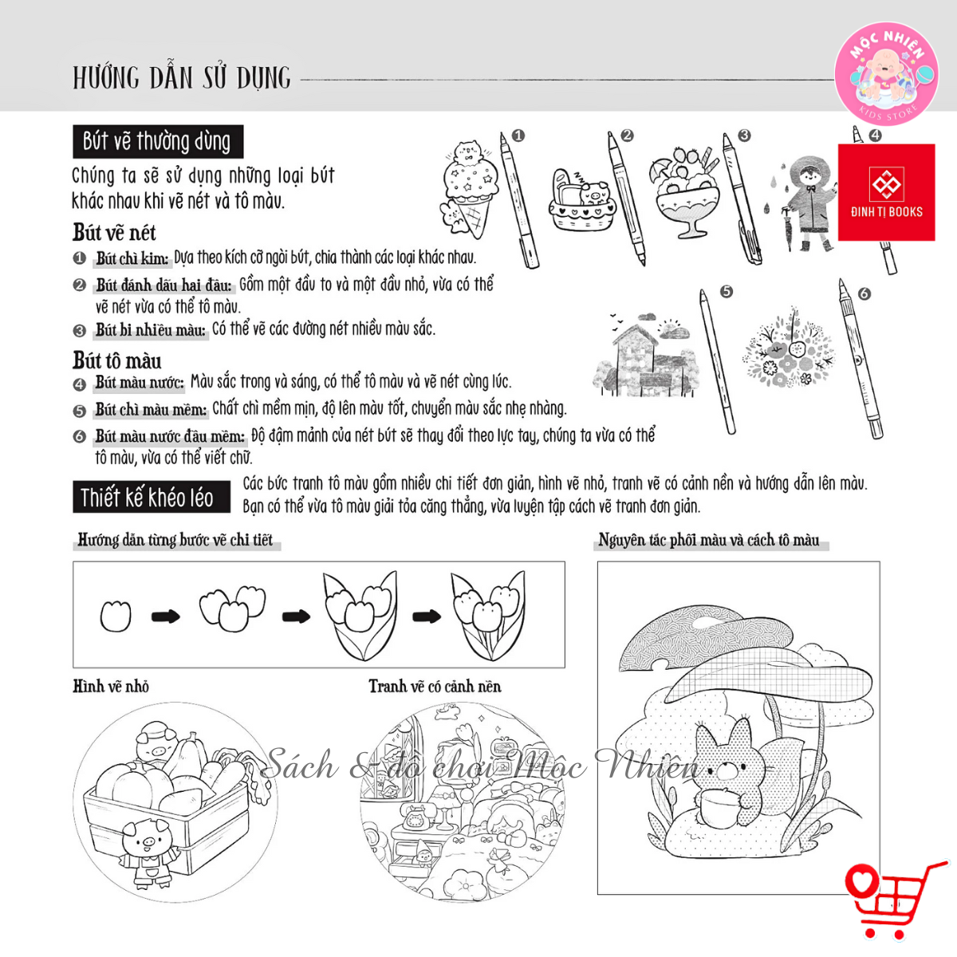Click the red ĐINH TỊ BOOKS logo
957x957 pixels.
pos(886,192)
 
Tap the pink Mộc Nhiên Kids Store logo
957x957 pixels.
pos(887,74)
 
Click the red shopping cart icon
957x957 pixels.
pos(894,900)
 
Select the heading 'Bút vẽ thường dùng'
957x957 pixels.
pos(158,141)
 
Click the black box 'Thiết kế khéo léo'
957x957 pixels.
pos(152,497)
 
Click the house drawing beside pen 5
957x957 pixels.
pos(646,355)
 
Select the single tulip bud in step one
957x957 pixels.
pos(116,616)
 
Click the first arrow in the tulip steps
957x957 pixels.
pos(165,616)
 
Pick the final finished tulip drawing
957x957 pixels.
pos(488,616)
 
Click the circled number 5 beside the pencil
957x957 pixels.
pos(727,292)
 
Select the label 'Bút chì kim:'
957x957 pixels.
pos(132,258)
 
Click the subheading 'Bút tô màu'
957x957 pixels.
pos(117,360)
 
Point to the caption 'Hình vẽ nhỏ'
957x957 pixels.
pos(111,687)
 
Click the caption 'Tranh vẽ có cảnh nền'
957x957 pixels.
pos(435,687)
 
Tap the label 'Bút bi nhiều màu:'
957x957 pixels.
pos(151,329)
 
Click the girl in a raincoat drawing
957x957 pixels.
pos(804,203)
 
